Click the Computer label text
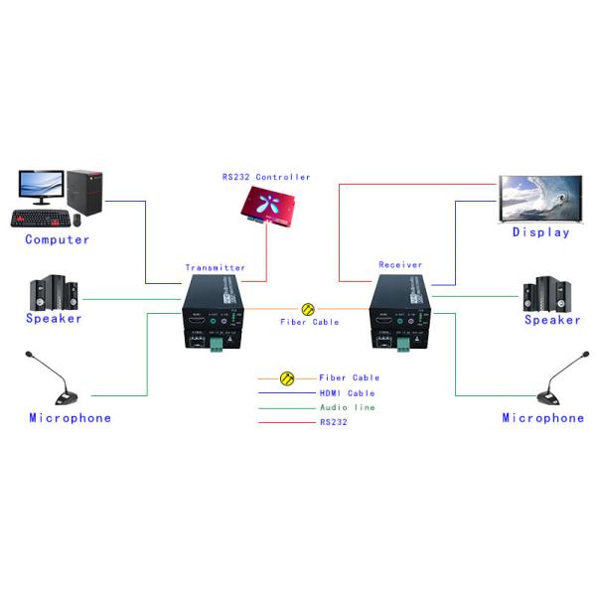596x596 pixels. pos(57,239)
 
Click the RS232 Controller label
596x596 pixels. pos(266,177)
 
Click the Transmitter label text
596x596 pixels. pos(215,268)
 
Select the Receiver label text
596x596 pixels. pos(400,265)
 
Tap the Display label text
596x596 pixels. pos(540,232)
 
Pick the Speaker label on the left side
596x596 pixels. pos(54,319)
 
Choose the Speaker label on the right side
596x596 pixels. pos(552,320)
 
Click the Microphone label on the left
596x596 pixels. pos(70,418)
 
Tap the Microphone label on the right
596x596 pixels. pos(542,418)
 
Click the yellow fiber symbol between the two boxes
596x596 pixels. pos(308,309)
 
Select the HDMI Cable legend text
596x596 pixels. pos(347,393)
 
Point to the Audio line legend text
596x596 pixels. pos(347,408)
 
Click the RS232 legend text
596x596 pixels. pos(334,423)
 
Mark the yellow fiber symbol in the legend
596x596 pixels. pos(287,378)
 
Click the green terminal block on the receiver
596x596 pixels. pos(404,345)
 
